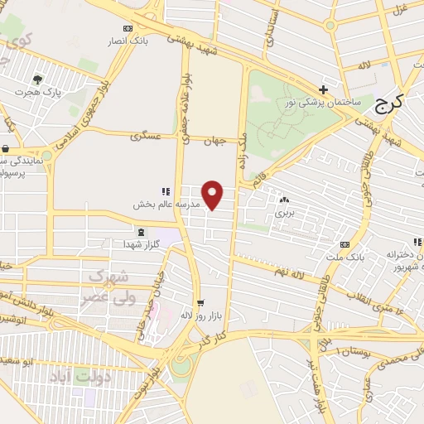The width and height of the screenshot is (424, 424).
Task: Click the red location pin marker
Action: click(x=214, y=195)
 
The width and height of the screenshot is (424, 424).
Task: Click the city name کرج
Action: click(x=388, y=103)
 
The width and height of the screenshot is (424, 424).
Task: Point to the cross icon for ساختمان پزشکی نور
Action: click(x=323, y=89)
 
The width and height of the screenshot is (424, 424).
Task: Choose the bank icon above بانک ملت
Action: click(x=344, y=245)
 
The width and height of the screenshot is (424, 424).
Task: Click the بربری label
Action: click(x=285, y=213)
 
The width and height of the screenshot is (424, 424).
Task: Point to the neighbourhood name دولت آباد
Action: click(x=87, y=376)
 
